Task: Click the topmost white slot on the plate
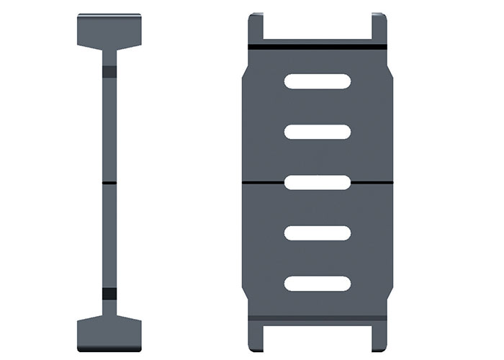click(318, 81)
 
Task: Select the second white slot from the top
click(318, 132)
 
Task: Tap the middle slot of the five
click(318, 182)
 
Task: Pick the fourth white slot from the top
click(318, 233)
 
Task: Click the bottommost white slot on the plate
click(318, 283)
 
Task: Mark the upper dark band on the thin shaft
click(109, 72)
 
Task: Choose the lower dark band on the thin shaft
click(109, 293)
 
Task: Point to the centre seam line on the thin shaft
click(109, 183)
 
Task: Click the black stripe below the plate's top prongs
click(318, 47)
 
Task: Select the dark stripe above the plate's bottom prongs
click(318, 317)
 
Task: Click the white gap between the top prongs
click(318, 25)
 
